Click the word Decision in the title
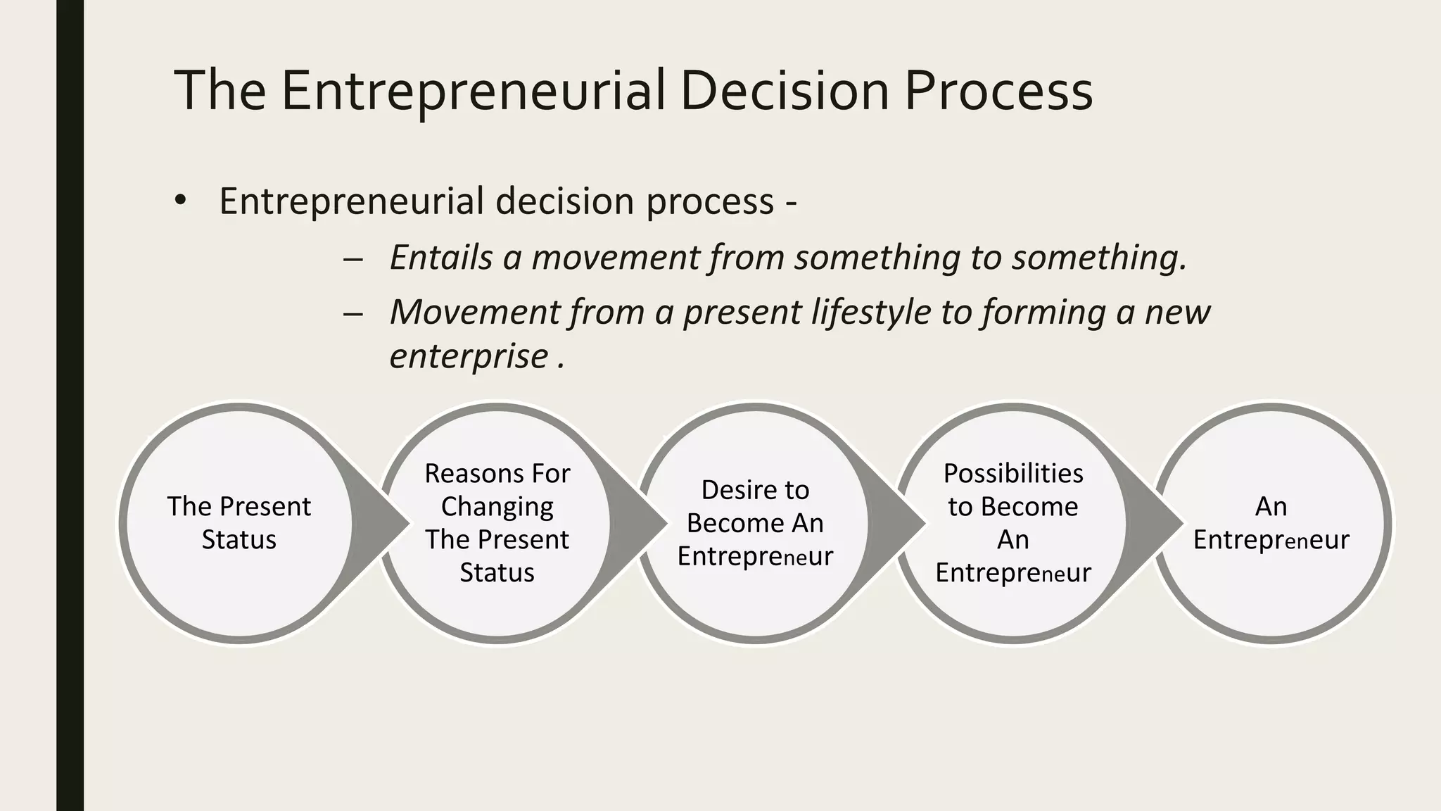pyautogui.click(x=785, y=90)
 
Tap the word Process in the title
pyautogui.click(x=998, y=90)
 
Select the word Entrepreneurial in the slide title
pyautogui.click(x=473, y=90)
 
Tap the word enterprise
pyautogui.click(x=469, y=356)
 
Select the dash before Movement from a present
pyautogui.click(x=353, y=313)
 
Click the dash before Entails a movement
pyautogui.click(x=353, y=259)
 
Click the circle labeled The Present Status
pyautogui.click(x=239, y=523)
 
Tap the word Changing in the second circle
pyautogui.click(x=497, y=506)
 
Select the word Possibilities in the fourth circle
pyautogui.click(x=1013, y=473)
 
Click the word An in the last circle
pyautogui.click(x=1271, y=506)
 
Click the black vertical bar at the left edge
pyautogui.click(x=70, y=405)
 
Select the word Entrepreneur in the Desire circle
pyautogui.click(x=755, y=556)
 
